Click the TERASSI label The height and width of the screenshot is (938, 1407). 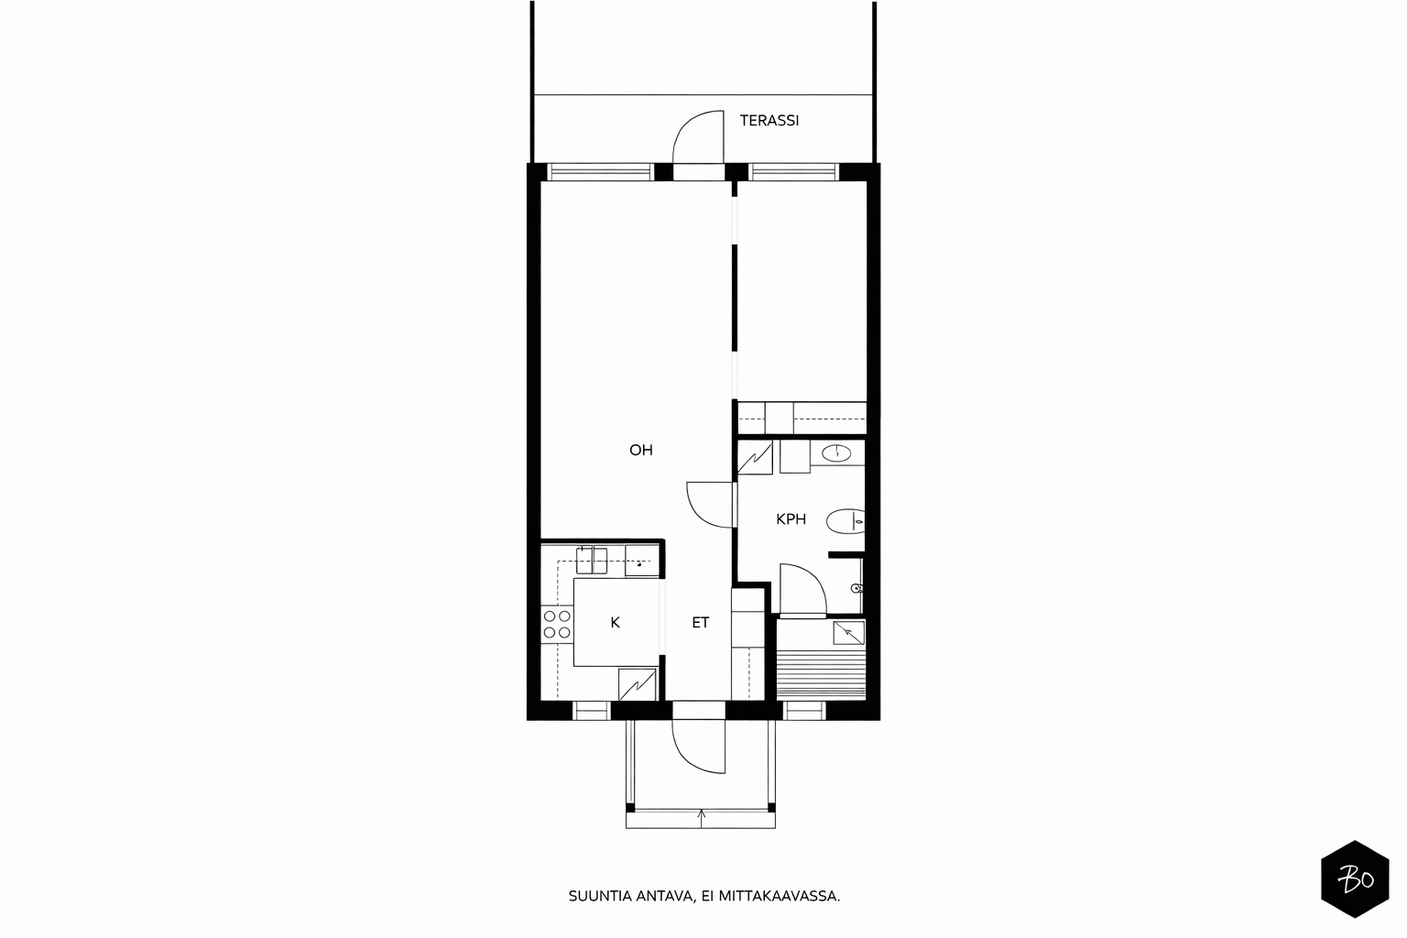point(769,121)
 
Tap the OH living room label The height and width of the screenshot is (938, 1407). point(640,450)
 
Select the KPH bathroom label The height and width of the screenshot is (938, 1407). point(791,519)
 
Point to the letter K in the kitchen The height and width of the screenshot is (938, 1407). point(615,623)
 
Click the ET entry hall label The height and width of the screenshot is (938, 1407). point(701,623)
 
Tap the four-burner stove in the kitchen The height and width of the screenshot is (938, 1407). point(557,624)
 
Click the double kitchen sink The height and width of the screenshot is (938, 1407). point(592,561)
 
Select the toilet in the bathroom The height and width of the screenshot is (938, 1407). point(845,521)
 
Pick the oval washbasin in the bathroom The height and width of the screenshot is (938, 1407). point(836,453)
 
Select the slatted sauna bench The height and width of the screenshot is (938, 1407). point(821,675)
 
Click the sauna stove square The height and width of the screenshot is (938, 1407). point(848,633)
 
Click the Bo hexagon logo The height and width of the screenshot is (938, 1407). point(1355,879)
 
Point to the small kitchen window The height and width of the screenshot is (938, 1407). point(592,711)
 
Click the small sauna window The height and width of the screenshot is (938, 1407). point(804,711)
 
